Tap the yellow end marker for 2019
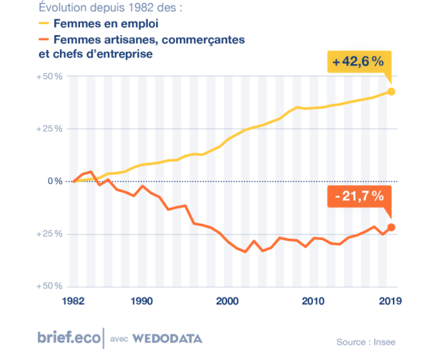click(x=391, y=91)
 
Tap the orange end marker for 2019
click(x=391, y=227)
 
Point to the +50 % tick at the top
click(x=50, y=77)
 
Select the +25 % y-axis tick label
click(x=50, y=129)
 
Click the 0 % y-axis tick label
click(x=54, y=181)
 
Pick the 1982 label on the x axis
click(x=73, y=300)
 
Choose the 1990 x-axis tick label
click(x=141, y=300)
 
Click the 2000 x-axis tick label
click(x=228, y=300)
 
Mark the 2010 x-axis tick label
click(x=312, y=300)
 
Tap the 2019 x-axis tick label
click(x=388, y=300)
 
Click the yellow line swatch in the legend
click(x=43, y=24)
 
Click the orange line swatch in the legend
click(x=43, y=40)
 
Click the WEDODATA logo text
click(x=167, y=338)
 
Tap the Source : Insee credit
click(x=366, y=342)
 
